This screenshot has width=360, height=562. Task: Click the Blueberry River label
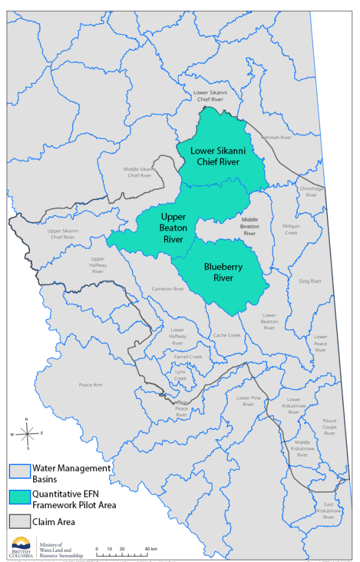(x=223, y=272)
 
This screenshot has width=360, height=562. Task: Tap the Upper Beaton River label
(x=172, y=227)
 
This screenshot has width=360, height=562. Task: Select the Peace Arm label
(x=90, y=385)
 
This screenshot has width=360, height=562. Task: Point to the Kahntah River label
(x=276, y=137)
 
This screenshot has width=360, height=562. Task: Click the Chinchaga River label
(x=311, y=192)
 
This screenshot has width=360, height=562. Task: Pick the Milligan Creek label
(x=291, y=229)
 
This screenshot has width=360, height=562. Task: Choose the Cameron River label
(x=168, y=289)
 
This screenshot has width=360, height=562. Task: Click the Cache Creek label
(x=227, y=335)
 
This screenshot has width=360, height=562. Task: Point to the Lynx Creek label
(x=180, y=375)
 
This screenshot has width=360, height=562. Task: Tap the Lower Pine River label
(x=248, y=401)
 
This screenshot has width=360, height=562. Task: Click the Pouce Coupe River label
(x=329, y=427)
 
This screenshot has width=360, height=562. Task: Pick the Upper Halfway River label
(x=98, y=265)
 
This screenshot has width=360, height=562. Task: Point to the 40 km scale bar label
(x=150, y=549)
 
